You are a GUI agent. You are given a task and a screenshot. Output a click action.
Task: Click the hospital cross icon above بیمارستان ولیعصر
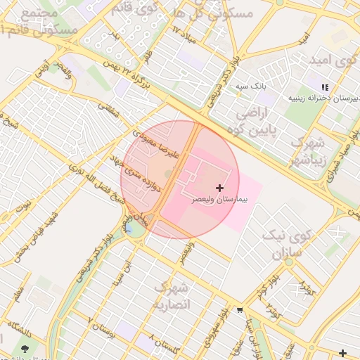point(220,188)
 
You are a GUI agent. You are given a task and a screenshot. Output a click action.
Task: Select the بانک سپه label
point(250,86)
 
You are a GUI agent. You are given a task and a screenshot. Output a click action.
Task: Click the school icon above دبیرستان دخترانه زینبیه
point(324,87)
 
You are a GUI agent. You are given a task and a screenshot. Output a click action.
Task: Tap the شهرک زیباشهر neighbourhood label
point(308,150)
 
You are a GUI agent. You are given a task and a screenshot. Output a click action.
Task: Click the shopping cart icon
point(240,310)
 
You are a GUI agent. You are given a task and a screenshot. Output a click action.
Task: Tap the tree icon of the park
point(26,347)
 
